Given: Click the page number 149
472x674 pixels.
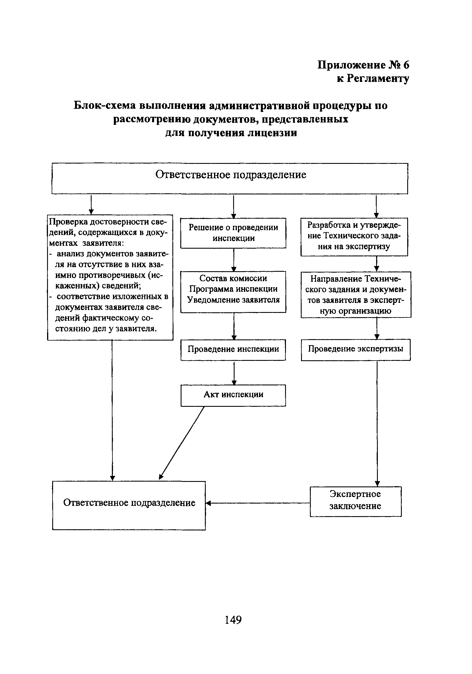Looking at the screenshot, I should pos(233,620).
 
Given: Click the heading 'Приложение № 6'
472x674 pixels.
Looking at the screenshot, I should pos(363,65).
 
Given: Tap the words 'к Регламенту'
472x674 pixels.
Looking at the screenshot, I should pos(373,79).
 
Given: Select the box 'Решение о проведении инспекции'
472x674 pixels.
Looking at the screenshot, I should pos(233,233).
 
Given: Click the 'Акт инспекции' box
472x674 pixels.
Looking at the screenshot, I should pos(233,395).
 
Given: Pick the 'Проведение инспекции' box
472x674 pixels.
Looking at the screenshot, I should pos(233,349).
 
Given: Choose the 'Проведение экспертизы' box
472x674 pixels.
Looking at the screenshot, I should pos(356,349).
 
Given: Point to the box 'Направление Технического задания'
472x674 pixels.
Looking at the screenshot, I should pos(356,294).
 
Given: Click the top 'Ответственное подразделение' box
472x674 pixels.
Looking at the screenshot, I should pos(230,178).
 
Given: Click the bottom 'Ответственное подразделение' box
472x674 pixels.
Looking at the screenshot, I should pos(129,505).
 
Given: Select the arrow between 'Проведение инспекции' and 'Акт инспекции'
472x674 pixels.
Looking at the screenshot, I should pos(234,373).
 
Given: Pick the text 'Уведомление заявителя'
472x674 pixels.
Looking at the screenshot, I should pos(233,300).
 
